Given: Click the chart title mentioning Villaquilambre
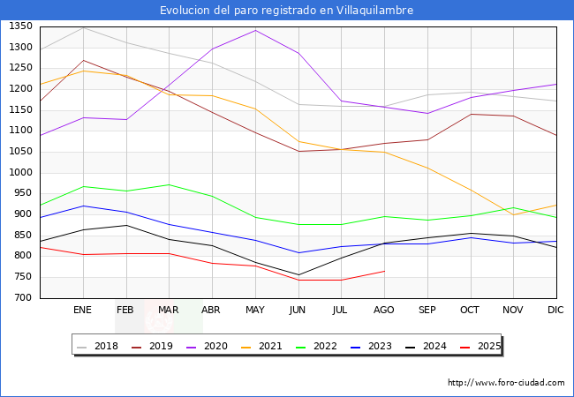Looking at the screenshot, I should (286, 11).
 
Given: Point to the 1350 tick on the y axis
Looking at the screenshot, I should (20, 26).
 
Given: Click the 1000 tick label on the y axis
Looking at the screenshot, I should (20, 173).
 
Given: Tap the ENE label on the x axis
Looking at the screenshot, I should (82, 311).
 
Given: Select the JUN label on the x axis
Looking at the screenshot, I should (298, 311).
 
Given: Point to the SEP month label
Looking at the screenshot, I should (427, 311).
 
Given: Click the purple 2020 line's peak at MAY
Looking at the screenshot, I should (255, 30).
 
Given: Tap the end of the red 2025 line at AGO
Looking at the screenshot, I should (384, 271).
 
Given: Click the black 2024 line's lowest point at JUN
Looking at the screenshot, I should (298, 274).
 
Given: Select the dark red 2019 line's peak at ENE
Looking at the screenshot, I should (83, 60).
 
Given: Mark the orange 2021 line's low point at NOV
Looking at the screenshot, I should (513, 214).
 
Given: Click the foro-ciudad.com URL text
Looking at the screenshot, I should (506, 383).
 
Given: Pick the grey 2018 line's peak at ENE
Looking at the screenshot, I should (83, 27).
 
